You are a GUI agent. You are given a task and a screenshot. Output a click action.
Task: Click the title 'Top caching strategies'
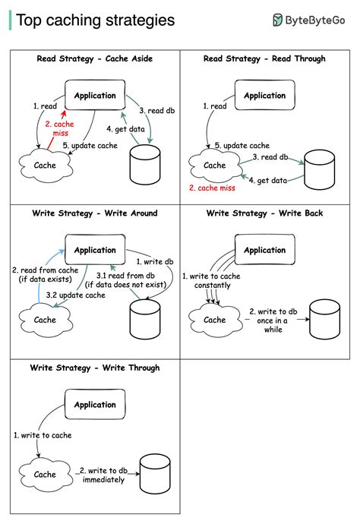pos(95,21)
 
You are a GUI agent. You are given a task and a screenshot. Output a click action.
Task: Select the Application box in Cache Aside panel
pos(95,96)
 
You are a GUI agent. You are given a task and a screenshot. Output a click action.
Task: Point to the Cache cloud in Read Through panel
pos(215,165)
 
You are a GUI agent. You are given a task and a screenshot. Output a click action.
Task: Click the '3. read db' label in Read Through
pos(270,157)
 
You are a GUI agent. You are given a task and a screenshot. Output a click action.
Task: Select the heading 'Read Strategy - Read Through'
pos(265,58)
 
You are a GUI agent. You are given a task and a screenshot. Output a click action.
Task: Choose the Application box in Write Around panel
pos(95,250)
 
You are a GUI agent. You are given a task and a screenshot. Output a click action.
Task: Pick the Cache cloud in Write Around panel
pos(45,320)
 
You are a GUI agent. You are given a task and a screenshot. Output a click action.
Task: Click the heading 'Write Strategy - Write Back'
pos(265,213)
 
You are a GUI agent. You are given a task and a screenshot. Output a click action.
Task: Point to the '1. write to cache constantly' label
pos(210,280)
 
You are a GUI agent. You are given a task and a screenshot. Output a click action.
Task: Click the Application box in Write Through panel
pos(95,405)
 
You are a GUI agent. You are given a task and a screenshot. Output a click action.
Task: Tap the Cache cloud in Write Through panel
pos(45,475)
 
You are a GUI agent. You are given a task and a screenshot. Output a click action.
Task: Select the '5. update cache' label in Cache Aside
pos(90,145)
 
